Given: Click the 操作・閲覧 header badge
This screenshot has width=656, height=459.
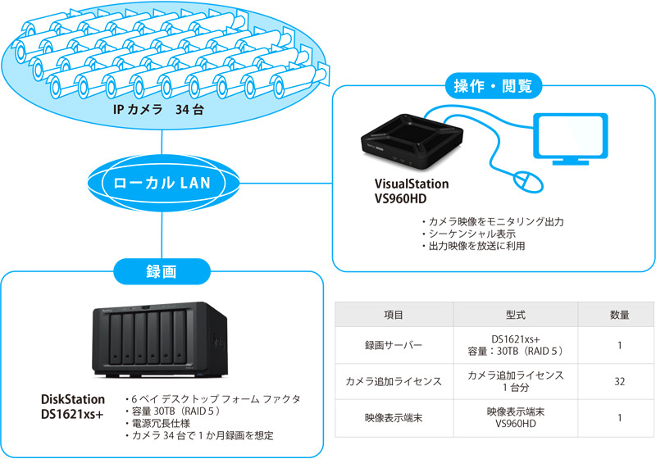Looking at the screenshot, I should click(493, 84).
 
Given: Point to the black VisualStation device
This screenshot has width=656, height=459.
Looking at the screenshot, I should click(410, 137).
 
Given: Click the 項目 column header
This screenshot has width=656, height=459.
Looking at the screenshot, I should click(393, 315).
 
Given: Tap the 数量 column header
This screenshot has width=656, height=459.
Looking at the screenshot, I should click(620, 315).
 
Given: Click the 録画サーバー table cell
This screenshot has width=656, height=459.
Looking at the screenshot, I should click(393, 345).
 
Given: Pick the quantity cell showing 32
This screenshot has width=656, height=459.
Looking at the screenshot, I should click(620, 380).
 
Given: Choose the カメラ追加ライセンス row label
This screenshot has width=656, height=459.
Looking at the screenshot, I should click(393, 380).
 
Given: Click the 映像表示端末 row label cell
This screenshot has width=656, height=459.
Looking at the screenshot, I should click(393, 419).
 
